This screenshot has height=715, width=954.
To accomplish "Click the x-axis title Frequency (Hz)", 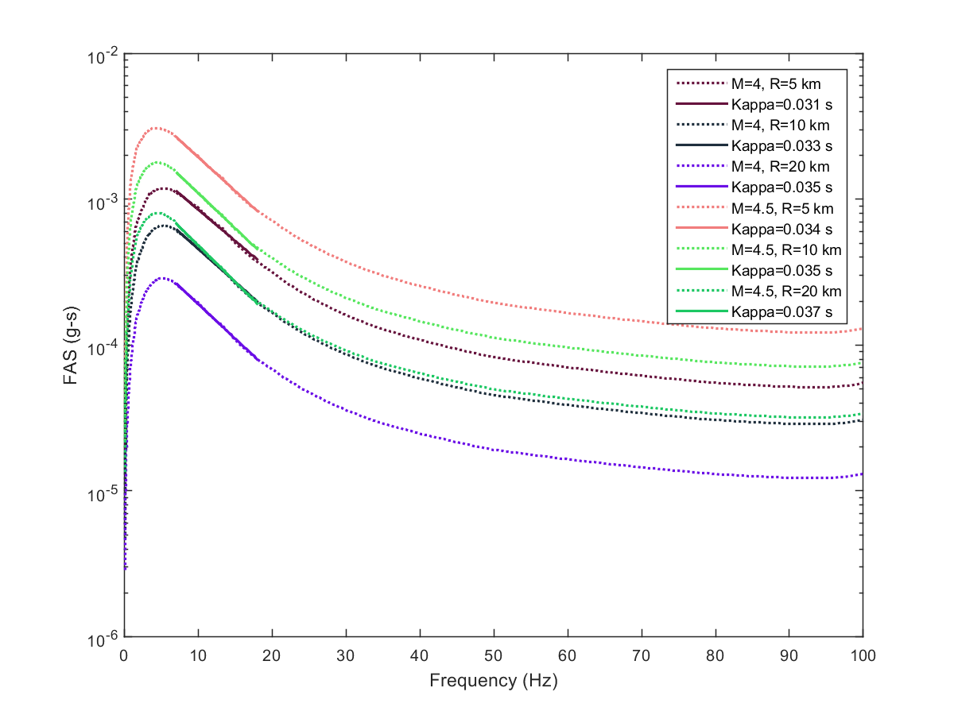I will click(493, 681).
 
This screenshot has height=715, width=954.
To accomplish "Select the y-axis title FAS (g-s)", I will click(71, 346).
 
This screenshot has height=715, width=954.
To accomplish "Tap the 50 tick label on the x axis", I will click(494, 655).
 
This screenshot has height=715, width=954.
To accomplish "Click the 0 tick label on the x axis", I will click(124, 655).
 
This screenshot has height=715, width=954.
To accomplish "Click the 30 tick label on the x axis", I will click(346, 655).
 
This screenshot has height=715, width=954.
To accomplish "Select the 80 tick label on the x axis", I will click(715, 655).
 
